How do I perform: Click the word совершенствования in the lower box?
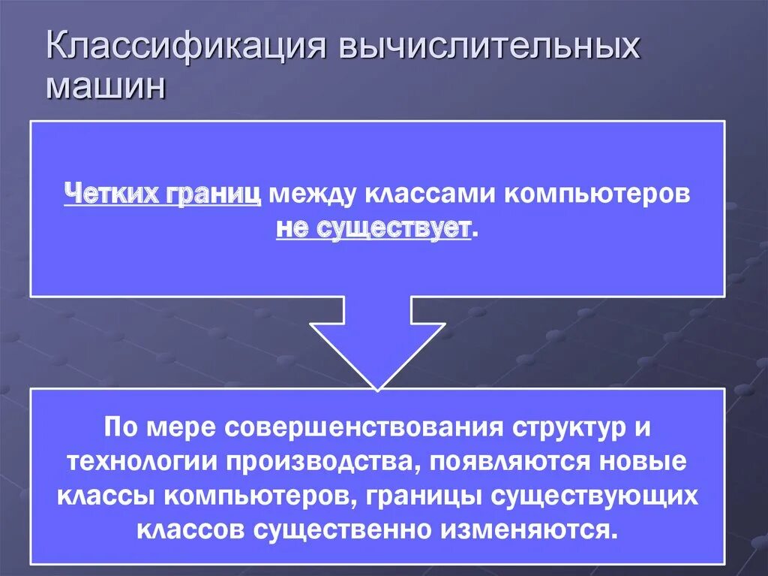[x=349, y=428]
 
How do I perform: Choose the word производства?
[x=325, y=462]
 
